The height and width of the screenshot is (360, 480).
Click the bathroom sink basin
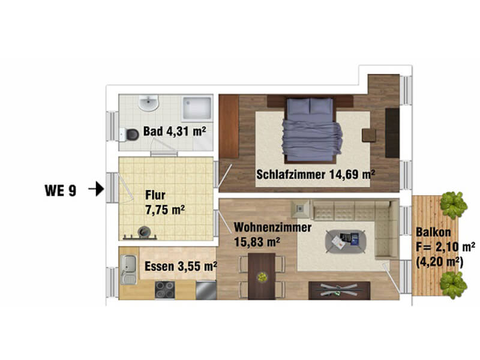(x=148, y=103)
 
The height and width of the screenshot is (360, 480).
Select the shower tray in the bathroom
(x=197, y=109)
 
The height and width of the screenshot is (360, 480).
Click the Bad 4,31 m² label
(x=175, y=131)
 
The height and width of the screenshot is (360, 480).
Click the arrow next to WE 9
(x=97, y=188)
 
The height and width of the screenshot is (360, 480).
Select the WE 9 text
(x=61, y=190)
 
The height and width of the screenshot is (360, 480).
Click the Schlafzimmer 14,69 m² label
(x=316, y=175)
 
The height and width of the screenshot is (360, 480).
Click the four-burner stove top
(x=164, y=290)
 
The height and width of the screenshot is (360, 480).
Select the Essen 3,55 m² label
(x=181, y=266)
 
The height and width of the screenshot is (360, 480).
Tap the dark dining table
(x=262, y=276)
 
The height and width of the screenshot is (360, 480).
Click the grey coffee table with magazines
(x=346, y=242)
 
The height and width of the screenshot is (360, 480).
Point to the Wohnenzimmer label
(x=273, y=227)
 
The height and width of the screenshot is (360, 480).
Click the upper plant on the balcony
(x=454, y=205)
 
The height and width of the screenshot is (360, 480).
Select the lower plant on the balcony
(x=454, y=285)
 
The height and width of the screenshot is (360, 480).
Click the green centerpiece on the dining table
(x=262, y=277)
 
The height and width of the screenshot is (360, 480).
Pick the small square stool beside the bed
(x=369, y=135)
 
